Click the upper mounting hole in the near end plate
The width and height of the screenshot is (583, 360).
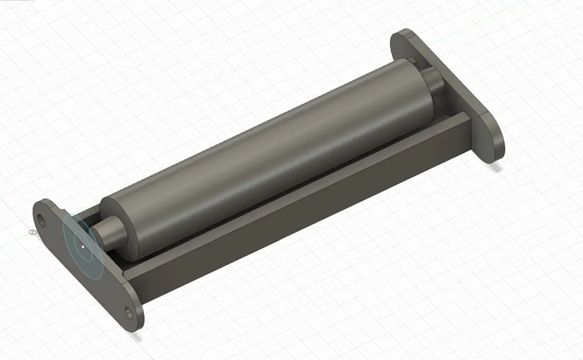41,220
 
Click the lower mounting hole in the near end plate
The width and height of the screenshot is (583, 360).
129,313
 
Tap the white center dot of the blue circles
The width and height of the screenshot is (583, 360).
83,246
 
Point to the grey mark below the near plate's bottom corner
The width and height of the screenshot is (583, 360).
136,336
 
